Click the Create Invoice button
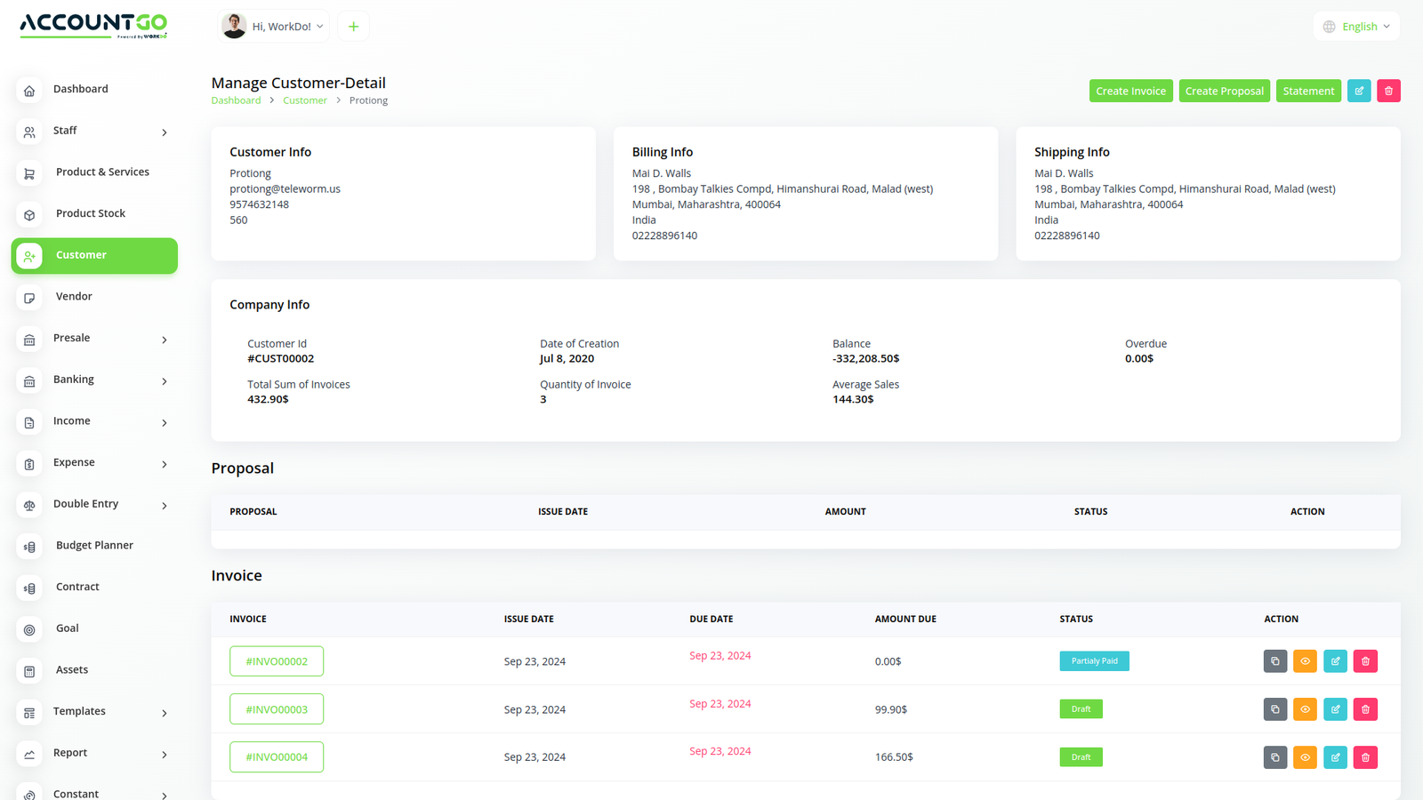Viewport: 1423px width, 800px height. (1130, 91)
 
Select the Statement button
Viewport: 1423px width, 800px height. (1308, 91)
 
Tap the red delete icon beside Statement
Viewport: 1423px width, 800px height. (1388, 91)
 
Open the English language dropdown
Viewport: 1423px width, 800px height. (1356, 27)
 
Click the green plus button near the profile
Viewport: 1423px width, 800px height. (353, 27)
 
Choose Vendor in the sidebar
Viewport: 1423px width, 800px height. (74, 297)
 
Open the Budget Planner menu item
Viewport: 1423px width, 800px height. (94, 546)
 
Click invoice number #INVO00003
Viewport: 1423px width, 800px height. (277, 709)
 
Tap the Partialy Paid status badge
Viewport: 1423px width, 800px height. (1094, 661)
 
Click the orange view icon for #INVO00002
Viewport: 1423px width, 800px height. (1305, 661)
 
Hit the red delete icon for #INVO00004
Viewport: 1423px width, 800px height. (1365, 757)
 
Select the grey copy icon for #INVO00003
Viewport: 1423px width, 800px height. (1275, 709)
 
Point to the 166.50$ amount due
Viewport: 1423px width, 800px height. (894, 757)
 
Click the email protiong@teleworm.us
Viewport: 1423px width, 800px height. (285, 189)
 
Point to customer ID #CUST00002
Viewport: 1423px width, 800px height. (280, 359)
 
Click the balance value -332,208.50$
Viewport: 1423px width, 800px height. (865, 359)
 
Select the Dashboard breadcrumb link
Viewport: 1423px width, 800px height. (236, 100)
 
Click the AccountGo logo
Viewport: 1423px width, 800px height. (93, 25)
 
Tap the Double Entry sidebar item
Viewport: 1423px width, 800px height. (85, 504)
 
